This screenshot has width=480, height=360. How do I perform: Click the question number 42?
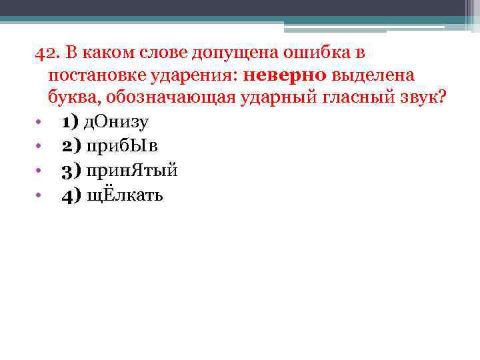46,53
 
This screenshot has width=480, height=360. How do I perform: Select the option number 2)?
69,146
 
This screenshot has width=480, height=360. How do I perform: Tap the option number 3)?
69,171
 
